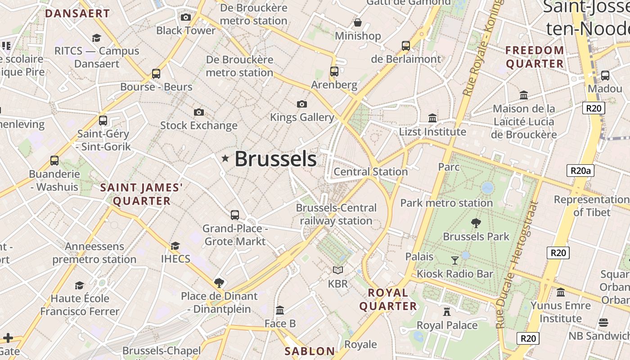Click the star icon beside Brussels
[225, 158]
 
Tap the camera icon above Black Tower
[185, 18]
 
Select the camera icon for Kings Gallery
[302, 104]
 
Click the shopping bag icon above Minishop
[358, 22]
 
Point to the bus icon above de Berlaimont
[406, 46]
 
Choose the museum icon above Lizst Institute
[432, 118]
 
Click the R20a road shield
[580, 171]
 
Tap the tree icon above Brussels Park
[476, 223]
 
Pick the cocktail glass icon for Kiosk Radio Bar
[455, 261]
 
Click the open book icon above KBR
[338, 270]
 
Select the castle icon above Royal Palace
[447, 311]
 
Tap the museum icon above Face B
[280, 310]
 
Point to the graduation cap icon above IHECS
[175, 246]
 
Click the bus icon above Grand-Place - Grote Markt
[235, 215]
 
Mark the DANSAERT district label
[77, 13]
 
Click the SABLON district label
[310, 351]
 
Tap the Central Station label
[371, 171]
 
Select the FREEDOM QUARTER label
[535, 57]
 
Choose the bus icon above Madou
[605, 76]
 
